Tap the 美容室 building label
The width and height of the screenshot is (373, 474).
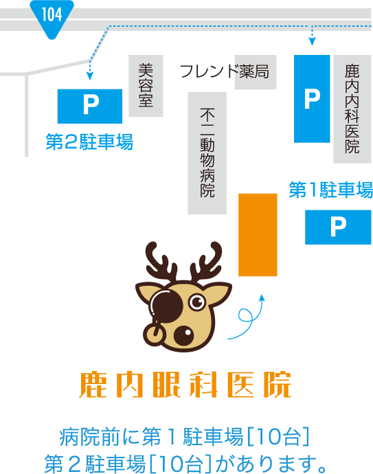point(146,85)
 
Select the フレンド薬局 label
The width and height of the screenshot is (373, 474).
point(225,71)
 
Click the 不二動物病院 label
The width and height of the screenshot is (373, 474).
point(207,153)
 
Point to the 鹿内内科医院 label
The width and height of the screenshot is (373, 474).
point(352,109)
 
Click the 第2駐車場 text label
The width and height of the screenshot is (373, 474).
point(89,142)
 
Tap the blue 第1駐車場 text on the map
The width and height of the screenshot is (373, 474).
point(330,190)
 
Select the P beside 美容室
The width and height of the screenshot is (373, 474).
point(91,104)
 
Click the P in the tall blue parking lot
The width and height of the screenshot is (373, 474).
point(313,98)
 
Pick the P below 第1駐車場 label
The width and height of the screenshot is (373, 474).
point(338,227)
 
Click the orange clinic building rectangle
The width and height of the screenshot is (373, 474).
point(258,235)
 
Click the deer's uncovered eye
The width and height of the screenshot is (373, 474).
point(197,302)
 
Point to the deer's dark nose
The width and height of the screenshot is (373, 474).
point(183,335)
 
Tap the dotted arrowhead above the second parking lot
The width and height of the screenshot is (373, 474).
point(90,76)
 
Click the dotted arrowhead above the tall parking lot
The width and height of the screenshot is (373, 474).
point(313,41)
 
